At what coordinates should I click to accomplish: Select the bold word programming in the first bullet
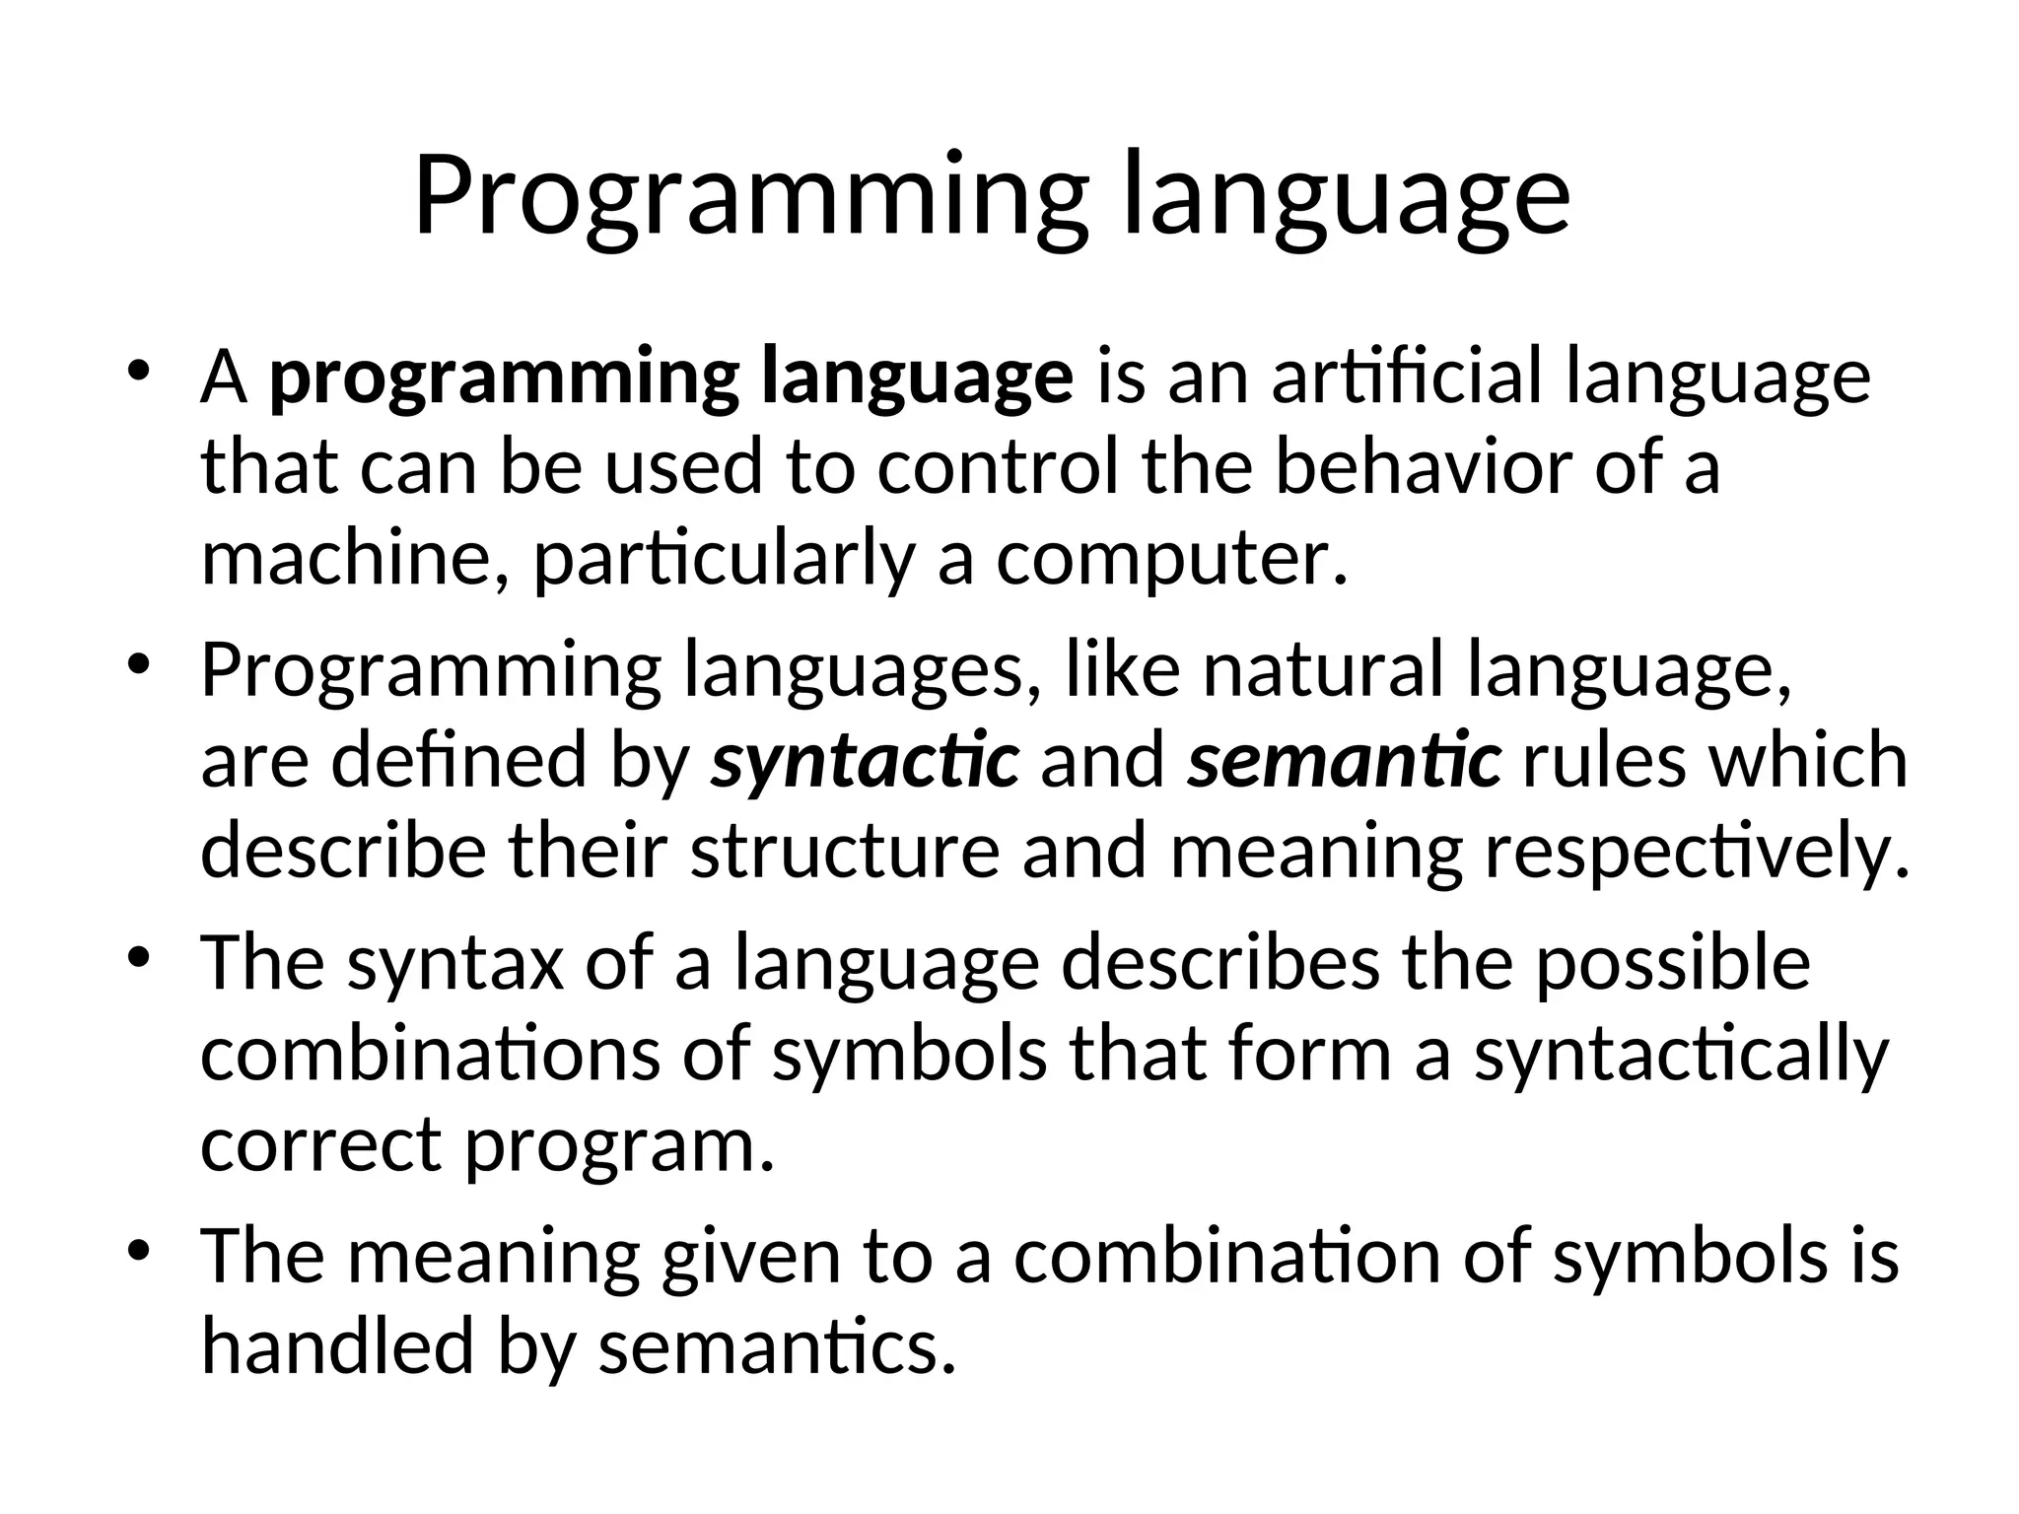click(504, 379)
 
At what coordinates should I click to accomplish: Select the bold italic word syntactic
click(865, 762)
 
